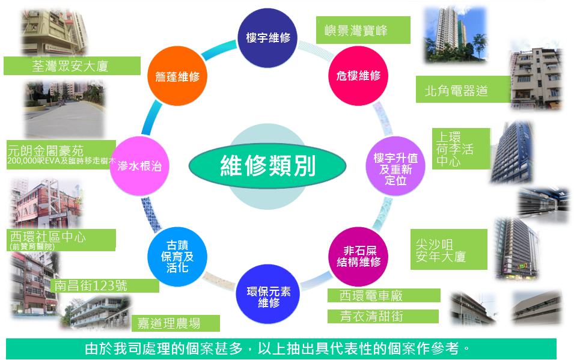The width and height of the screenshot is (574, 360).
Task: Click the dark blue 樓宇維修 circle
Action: pyautogui.click(x=267, y=38)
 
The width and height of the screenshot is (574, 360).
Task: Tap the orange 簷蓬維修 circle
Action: pyautogui.click(x=177, y=76)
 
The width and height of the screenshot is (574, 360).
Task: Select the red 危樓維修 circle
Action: pyautogui.click(x=358, y=76)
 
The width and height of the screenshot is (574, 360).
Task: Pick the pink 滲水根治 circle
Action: pyautogui.click(x=139, y=166)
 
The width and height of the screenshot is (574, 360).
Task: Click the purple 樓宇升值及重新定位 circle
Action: pyautogui.click(x=395, y=166)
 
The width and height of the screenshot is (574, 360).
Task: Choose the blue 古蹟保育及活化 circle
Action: pyautogui.click(x=177, y=257)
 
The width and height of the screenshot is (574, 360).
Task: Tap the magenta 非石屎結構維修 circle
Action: pyautogui.click(x=358, y=257)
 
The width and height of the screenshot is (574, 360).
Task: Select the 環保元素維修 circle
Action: pyautogui.click(x=268, y=294)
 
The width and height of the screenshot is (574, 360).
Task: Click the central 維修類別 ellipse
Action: pyautogui.click(x=267, y=166)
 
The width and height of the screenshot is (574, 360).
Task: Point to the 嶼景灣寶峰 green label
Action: pyautogui.click(x=363, y=30)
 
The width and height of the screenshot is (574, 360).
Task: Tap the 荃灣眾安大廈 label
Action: pyautogui.click(x=72, y=66)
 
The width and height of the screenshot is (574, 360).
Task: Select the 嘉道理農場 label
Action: pyautogui.click(x=176, y=323)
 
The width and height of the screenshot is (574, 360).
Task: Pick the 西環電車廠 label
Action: pyautogui.click(x=384, y=295)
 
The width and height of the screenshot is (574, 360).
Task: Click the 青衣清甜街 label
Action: pyautogui.click(x=383, y=316)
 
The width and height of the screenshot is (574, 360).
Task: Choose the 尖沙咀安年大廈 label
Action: pyautogui.click(x=449, y=249)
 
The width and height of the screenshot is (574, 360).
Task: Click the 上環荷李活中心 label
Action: pyautogui.click(x=461, y=148)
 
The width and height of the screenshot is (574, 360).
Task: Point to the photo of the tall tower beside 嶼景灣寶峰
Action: pyautogui.click(x=456, y=35)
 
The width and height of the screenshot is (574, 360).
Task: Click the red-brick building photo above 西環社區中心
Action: pyautogui.click(x=46, y=203)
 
